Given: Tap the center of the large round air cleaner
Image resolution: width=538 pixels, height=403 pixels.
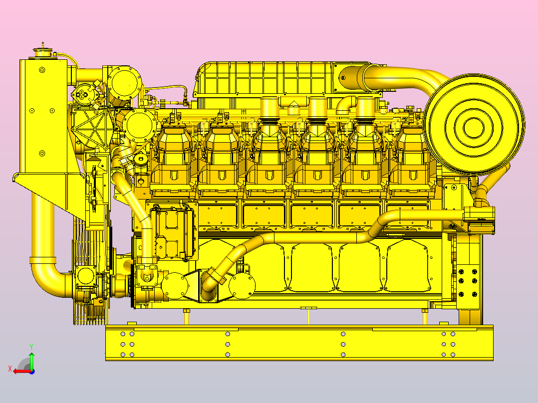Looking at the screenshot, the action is (474, 126).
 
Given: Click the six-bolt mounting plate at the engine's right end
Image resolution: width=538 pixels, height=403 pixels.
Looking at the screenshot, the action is (468, 283).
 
